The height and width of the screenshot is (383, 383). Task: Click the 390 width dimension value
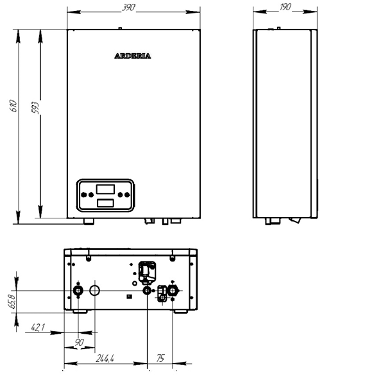pos(128,8)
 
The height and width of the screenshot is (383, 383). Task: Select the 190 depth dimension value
pos(285,7)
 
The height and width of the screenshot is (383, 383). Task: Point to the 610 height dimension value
pos(13,106)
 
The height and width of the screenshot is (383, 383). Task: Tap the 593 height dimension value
pos(35,108)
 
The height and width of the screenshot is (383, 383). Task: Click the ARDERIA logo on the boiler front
pos(133,56)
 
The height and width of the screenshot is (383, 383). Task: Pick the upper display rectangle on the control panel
pos(105,189)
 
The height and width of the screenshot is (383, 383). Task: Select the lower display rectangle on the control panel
pos(105,203)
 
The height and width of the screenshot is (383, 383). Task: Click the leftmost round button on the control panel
pos(83,195)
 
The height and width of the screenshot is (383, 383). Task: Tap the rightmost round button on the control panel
pos(127,195)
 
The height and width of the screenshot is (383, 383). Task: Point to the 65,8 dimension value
pos(13,302)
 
